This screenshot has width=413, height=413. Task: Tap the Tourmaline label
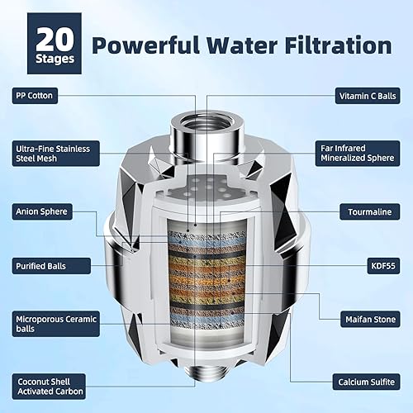click(x=368, y=211)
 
